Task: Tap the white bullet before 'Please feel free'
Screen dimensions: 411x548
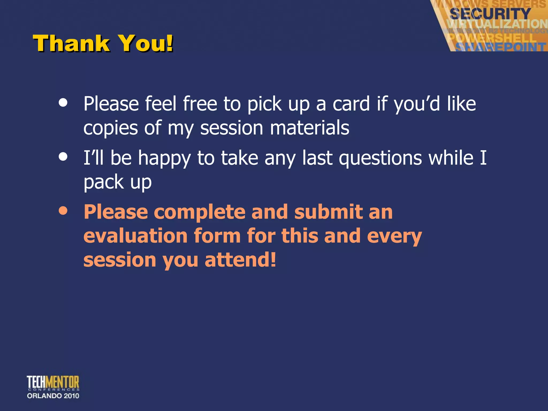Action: [63, 103]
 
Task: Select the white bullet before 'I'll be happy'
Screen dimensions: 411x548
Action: [63, 157]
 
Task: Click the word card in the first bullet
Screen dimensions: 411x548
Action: [351, 104]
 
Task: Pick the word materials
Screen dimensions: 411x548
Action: [310, 128]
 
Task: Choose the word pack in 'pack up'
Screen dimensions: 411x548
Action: [103, 182]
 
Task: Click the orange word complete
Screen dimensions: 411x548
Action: [199, 212]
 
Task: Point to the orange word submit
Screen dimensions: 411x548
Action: [328, 212]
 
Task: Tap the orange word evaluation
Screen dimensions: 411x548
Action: [135, 236]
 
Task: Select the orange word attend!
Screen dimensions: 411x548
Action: [240, 260]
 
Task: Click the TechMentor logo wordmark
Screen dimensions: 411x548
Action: [53, 382]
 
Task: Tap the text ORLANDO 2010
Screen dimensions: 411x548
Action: [53, 396]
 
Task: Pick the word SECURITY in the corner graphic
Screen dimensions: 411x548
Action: [490, 13]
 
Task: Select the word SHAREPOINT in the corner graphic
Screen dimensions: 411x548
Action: [500, 47]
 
